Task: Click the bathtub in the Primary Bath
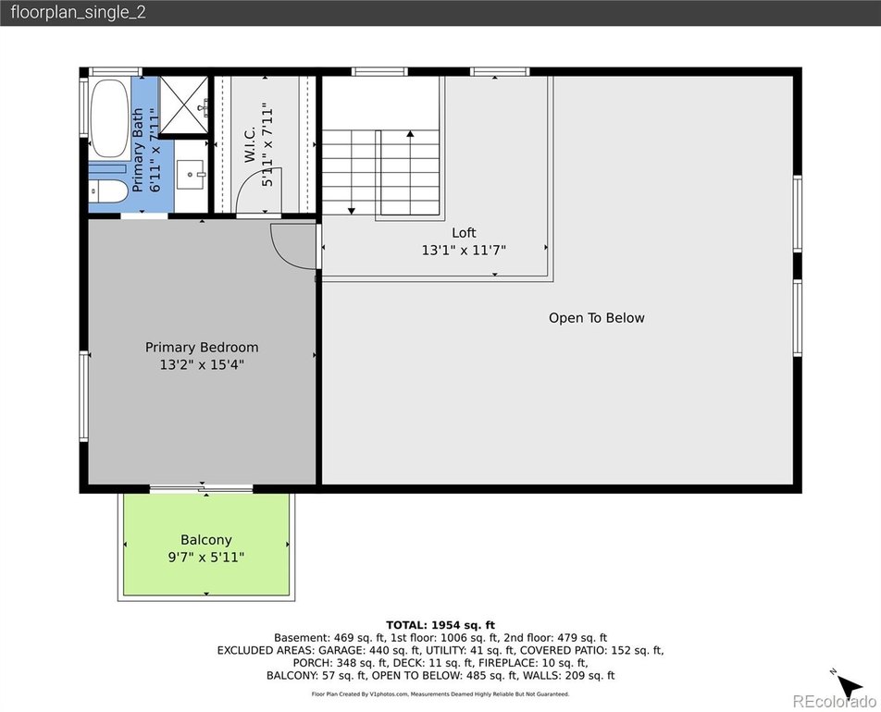(109, 118)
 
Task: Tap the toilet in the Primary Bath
(108, 191)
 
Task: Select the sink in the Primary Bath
(191, 175)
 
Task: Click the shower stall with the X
(184, 105)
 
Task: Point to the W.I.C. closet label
(250, 144)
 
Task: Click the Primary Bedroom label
(202, 347)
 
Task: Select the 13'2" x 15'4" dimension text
(202, 365)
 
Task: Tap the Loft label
(464, 232)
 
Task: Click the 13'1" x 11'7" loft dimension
(464, 250)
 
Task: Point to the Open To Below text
(597, 318)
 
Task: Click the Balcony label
(206, 540)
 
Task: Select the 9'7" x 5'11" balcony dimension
(206, 558)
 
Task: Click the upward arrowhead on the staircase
(410, 134)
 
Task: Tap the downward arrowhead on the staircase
(351, 211)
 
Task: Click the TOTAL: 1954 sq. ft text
(440, 625)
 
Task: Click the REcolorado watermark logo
(834, 701)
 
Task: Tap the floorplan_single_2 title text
(78, 12)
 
